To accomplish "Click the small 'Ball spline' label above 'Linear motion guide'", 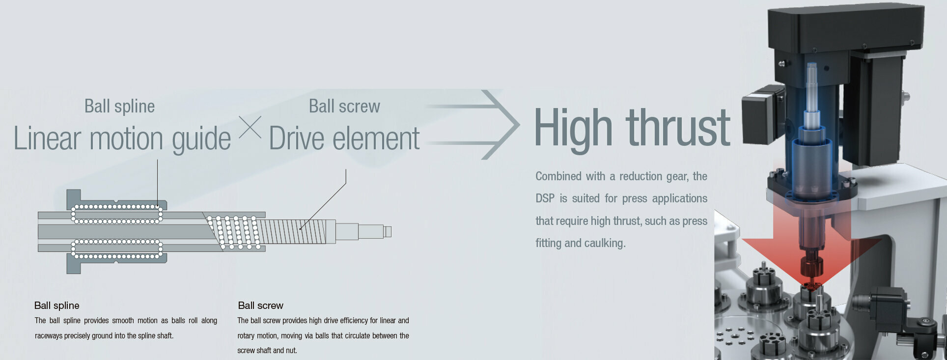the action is [x=119, y=107].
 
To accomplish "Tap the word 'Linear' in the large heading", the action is [x=47, y=138].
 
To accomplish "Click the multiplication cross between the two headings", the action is [x=250, y=127].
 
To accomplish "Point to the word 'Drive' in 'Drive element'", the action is [x=297, y=138].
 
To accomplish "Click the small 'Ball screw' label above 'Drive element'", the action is [x=344, y=106].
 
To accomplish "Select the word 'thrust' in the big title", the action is [x=678, y=128].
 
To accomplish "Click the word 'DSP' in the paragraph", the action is [x=545, y=198].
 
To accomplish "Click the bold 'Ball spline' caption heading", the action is [x=57, y=305].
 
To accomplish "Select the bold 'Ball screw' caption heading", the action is [x=260, y=305].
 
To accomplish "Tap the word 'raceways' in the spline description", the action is [x=48, y=336].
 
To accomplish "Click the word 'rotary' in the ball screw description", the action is [x=246, y=336].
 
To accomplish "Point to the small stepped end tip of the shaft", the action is [x=388, y=231].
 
